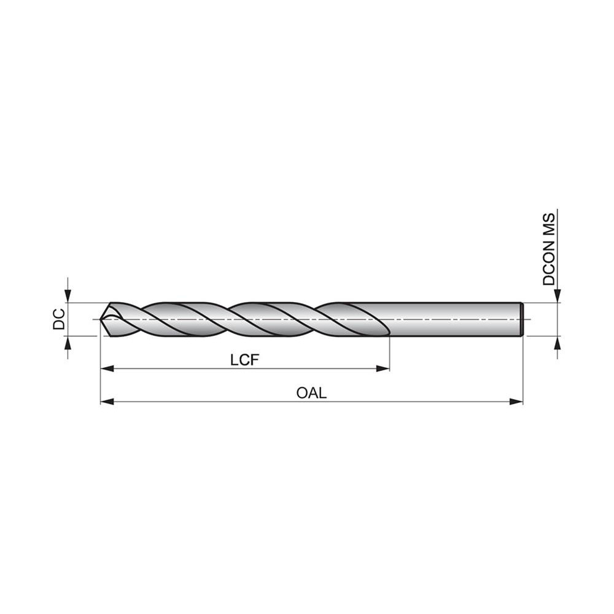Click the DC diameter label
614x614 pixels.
pos(59,319)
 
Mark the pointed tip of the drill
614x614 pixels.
pos(102,319)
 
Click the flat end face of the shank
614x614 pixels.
pos(522,319)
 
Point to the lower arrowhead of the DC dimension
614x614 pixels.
pos(68,342)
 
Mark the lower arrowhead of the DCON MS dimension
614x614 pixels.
pos(557,343)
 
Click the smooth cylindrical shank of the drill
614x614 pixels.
pos(454,319)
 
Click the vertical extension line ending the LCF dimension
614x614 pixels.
pos(390,353)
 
